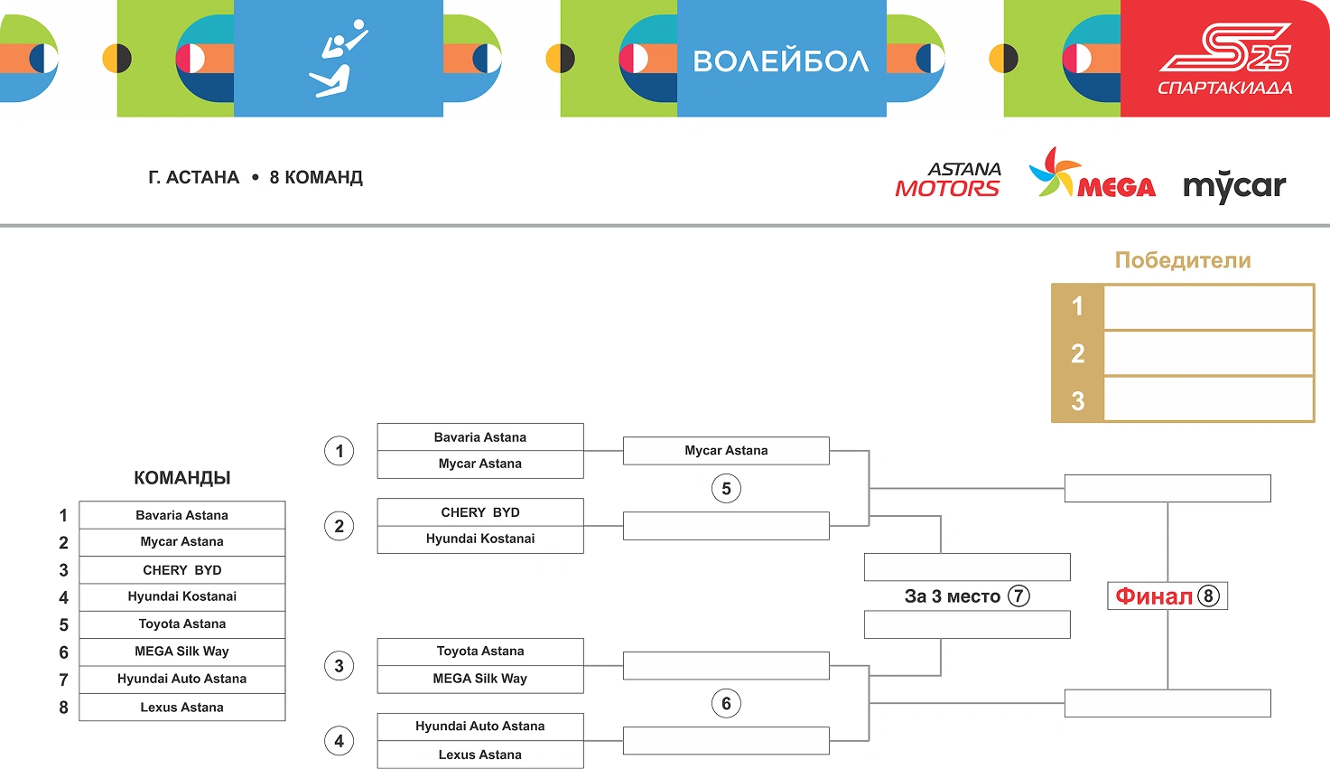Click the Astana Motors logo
(948, 180)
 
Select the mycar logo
(1234, 185)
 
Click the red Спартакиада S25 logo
(1224, 59)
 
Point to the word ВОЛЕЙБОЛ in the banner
(781, 61)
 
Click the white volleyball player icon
(339, 59)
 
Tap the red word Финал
(1154, 596)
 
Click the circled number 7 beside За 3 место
(1018, 596)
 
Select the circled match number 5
(726, 489)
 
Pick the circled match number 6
(726, 704)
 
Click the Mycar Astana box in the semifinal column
(726, 451)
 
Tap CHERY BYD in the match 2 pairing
(480, 512)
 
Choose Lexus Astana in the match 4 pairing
(480, 755)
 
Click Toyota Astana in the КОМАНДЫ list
(182, 624)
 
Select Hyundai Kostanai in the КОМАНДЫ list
(182, 596)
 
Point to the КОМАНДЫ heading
(182, 478)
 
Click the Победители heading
(1183, 260)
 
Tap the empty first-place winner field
(1208, 307)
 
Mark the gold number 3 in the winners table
(1077, 401)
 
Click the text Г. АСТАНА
(194, 178)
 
